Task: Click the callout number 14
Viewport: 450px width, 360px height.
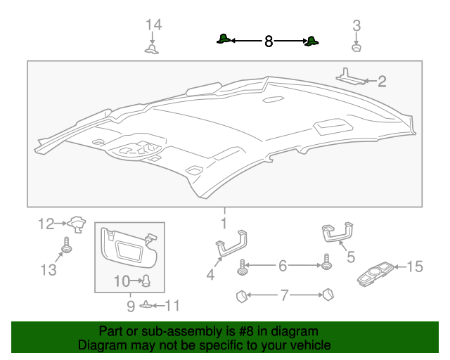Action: (x=153, y=25)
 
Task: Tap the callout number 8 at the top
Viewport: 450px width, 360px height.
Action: (x=268, y=42)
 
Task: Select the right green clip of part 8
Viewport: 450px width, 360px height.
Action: (x=311, y=41)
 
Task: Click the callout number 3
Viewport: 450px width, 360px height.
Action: (x=356, y=26)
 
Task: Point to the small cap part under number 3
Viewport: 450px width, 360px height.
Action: (x=356, y=47)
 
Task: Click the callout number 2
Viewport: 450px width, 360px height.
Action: (x=382, y=82)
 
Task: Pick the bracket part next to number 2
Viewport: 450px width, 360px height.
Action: (x=351, y=76)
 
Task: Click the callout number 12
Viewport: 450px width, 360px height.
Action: (x=46, y=224)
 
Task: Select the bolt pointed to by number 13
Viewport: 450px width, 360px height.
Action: (x=66, y=246)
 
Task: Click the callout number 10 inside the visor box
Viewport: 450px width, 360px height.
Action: (x=121, y=281)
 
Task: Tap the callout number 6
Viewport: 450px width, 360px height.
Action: (x=283, y=266)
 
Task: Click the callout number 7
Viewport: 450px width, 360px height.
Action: (x=284, y=295)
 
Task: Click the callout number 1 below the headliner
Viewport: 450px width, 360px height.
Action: (x=224, y=224)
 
